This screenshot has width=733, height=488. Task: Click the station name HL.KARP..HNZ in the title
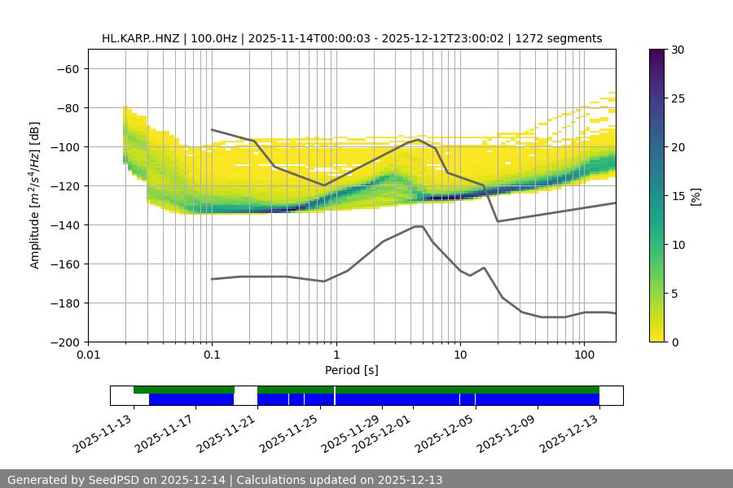coord(139,38)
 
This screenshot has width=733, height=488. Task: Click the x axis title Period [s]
coord(351,370)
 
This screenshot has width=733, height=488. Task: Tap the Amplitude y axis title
coord(35,195)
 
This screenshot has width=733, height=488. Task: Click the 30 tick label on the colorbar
coord(678,50)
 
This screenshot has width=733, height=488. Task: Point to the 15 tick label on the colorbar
coord(678,196)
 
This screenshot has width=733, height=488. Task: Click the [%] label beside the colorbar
coord(696,196)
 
